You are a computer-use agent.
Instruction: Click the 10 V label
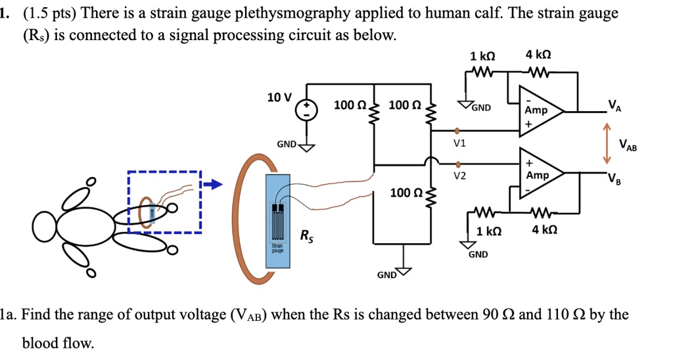(279, 97)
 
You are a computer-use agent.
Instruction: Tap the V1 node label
(459, 142)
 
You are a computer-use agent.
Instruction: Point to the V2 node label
(459, 176)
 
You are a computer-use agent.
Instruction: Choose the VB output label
(613, 178)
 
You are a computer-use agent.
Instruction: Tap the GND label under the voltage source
(287, 143)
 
